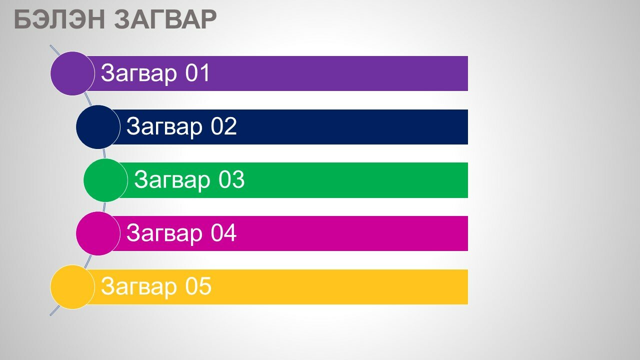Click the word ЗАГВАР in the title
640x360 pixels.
pos(165,19)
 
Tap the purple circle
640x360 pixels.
pos(72,73)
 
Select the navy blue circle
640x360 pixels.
pos(98,127)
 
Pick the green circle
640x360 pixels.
pos(105,180)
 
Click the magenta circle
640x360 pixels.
pos(98,233)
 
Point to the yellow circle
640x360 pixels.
pos(72,287)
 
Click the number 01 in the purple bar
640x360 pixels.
pos(197,73)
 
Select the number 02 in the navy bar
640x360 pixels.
pos(223,126)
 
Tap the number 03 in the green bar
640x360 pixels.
pos(231,179)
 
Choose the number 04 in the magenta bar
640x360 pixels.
pos(223,233)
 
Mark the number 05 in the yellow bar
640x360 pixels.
pos(198,286)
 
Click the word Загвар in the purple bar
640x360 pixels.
pos(139,74)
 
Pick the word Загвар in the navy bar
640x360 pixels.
pos(164,127)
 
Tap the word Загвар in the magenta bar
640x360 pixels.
pos(164,234)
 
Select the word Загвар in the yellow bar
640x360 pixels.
pos(139,287)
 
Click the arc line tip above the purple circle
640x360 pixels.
pos(50,45)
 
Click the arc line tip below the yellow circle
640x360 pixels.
pos(50,315)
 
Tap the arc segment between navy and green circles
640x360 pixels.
pos(104,153)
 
